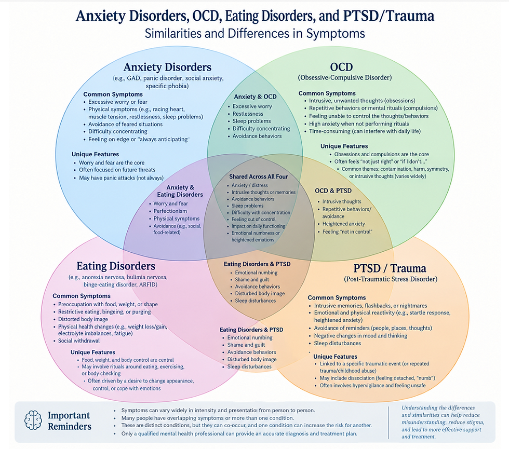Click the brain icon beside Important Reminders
coord(33,420)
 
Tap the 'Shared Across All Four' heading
coord(259,176)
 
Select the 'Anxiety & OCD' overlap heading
coord(255,97)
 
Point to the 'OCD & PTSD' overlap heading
coord(333,191)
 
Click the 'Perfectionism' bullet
coord(170,211)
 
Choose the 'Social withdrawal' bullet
coord(79,341)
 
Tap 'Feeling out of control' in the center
coord(253,219)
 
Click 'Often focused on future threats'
coord(117,170)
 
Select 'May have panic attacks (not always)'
coord(122,178)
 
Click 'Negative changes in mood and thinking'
coord(360,336)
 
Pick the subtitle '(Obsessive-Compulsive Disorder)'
coord(345,77)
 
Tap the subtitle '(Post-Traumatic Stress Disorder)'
coord(391,279)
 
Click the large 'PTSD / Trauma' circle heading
coord(390,268)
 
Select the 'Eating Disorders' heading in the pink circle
coord(116,266)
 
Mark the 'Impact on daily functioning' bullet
coord(259,226)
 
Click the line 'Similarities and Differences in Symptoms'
coord(255,33)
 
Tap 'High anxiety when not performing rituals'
coord(359,124)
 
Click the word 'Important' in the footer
coord(69,415)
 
